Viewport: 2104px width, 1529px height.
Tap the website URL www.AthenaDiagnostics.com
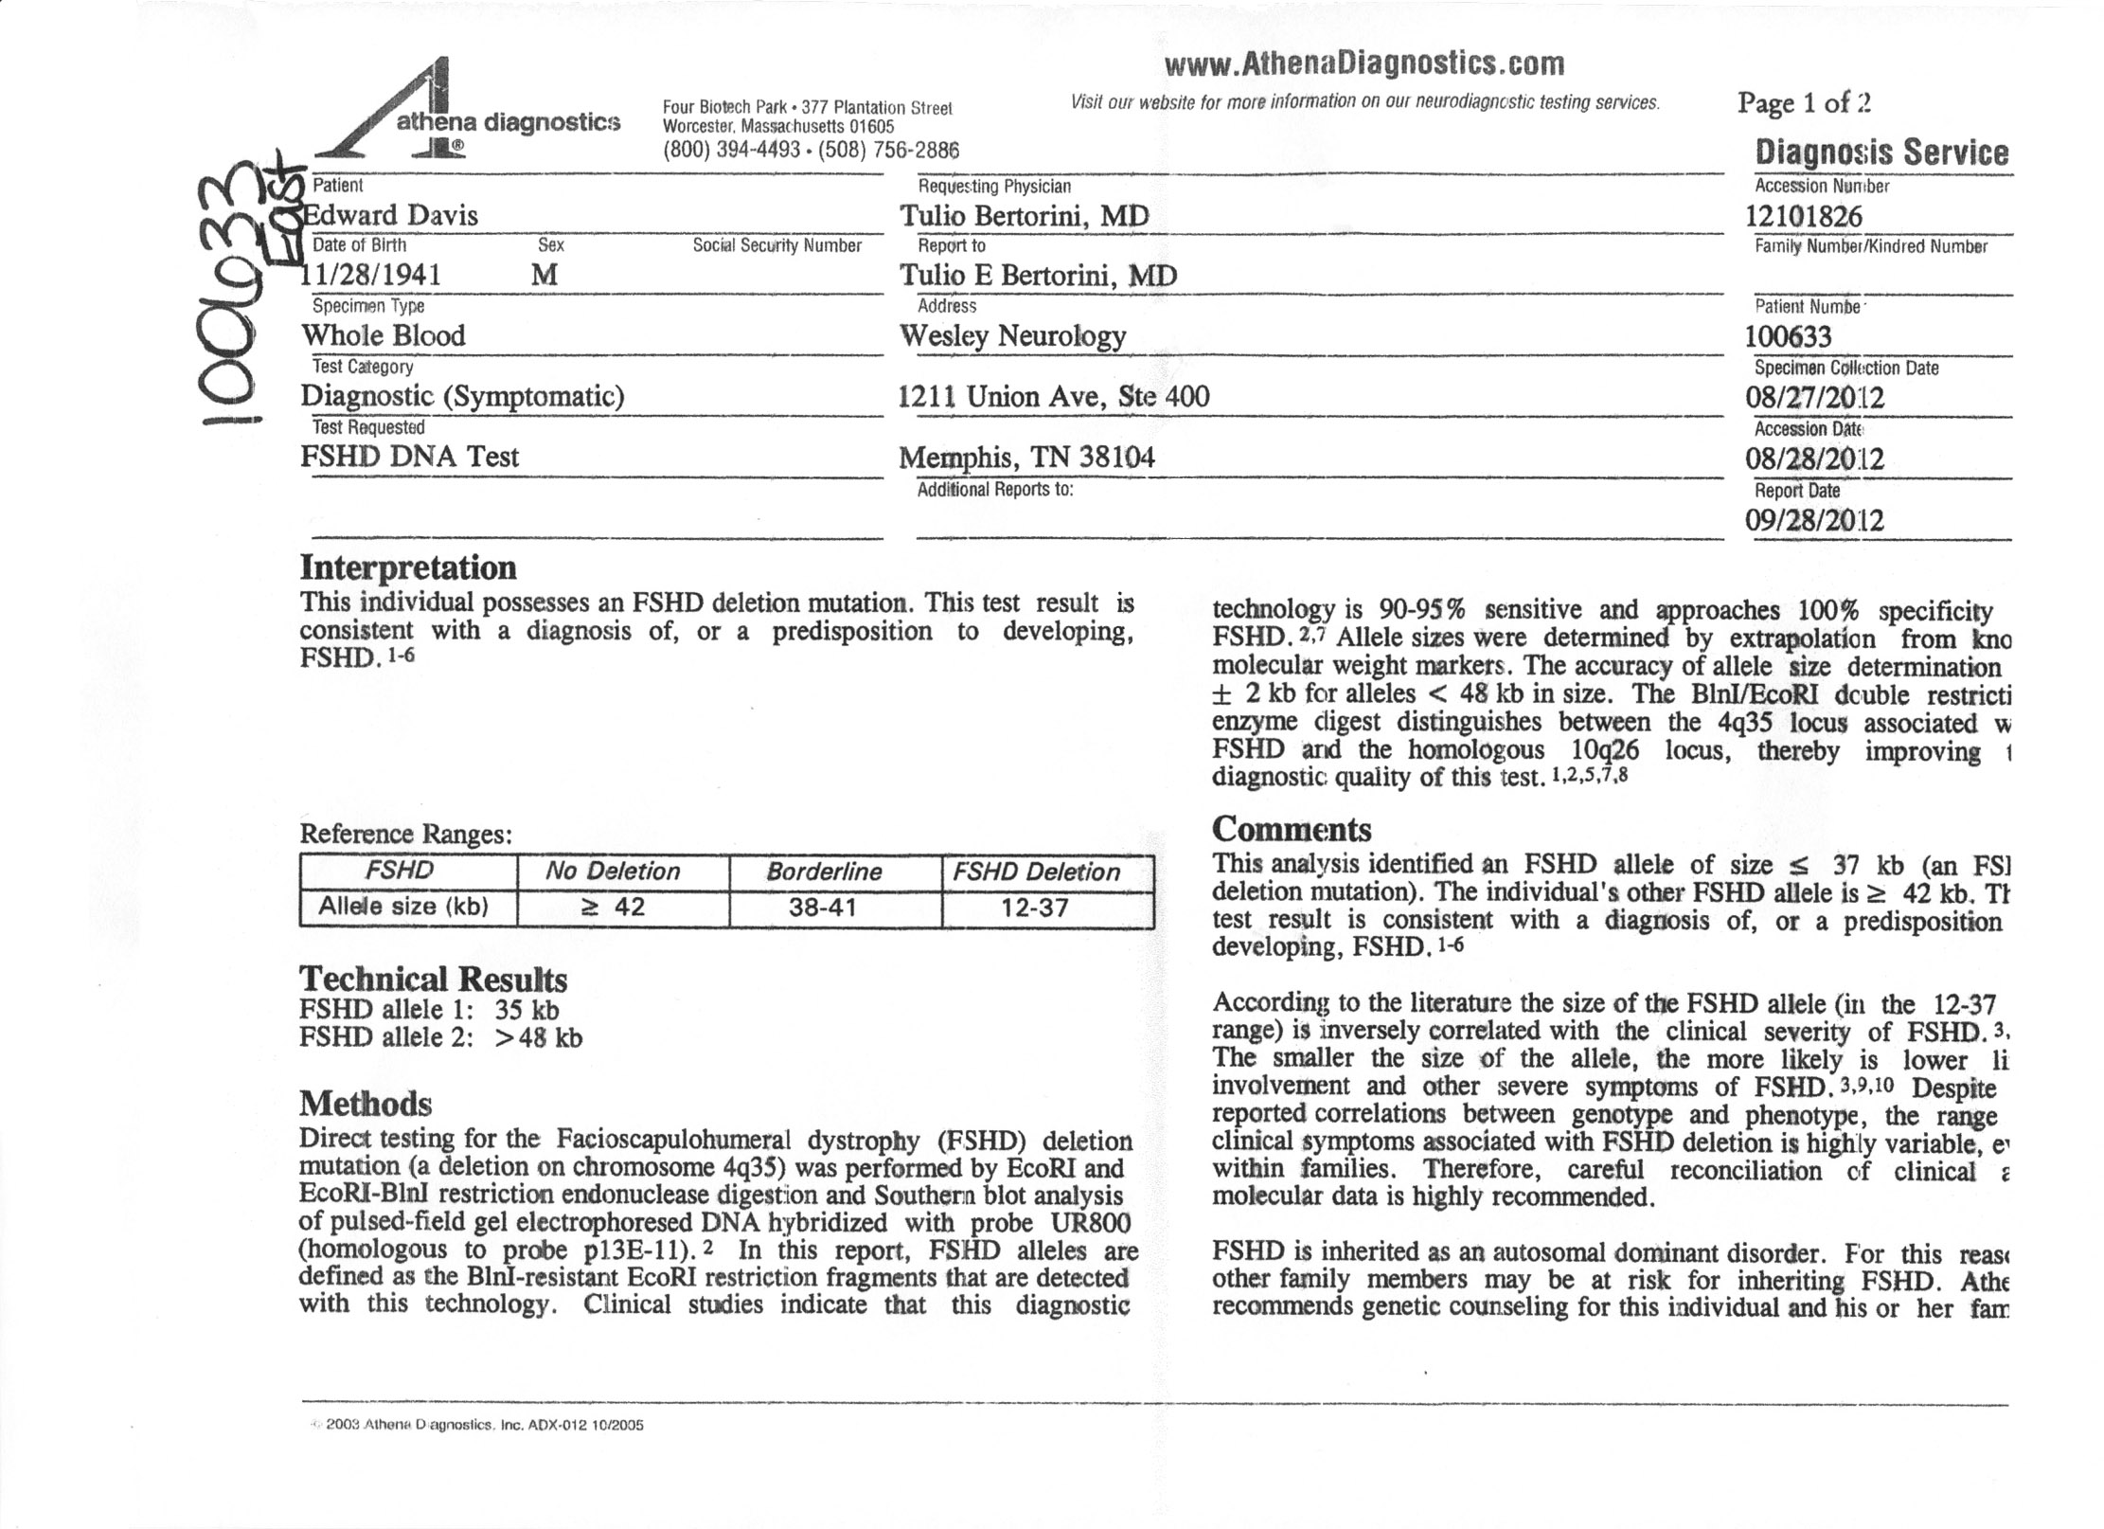pos(1364,63)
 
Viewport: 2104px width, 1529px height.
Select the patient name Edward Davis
pos(390,215)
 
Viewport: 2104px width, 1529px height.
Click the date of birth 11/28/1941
pos(371,275)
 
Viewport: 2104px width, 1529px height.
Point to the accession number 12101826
pos(1803,216)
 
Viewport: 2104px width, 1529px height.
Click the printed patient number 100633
pos(1788,336)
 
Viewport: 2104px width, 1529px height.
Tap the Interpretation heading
pos(408,567)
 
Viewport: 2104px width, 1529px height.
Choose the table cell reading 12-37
pos(1035,908)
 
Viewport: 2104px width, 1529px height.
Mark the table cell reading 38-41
pos(823,908)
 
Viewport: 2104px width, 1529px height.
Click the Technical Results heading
pos(433,979)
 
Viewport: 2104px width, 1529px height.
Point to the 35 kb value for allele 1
pos(533,1010)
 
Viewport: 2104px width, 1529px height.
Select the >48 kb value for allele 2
pos(538,1037)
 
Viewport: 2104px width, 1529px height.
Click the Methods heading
pos(365,1104)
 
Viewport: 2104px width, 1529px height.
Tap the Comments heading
pos(1291,830)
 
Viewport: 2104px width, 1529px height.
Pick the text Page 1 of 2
pos(1804,102)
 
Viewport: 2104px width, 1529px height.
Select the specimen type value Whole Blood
pos(383,335)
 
